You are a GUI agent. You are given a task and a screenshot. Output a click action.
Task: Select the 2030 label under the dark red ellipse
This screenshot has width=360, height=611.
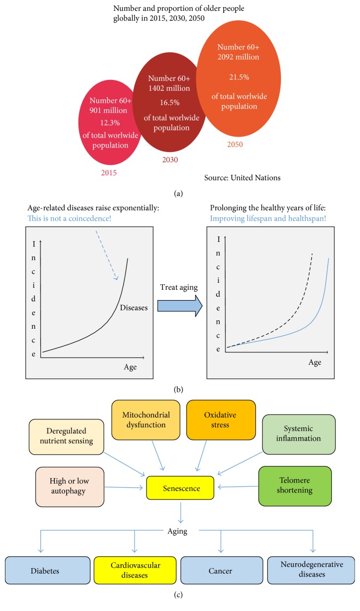[170, 160]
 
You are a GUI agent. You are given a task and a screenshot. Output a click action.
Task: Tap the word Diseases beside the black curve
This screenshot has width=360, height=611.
[134, 307]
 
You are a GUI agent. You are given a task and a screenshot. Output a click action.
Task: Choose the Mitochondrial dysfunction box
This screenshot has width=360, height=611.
[144, 420]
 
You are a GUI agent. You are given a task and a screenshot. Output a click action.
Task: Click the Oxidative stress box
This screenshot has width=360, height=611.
[221, 420]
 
